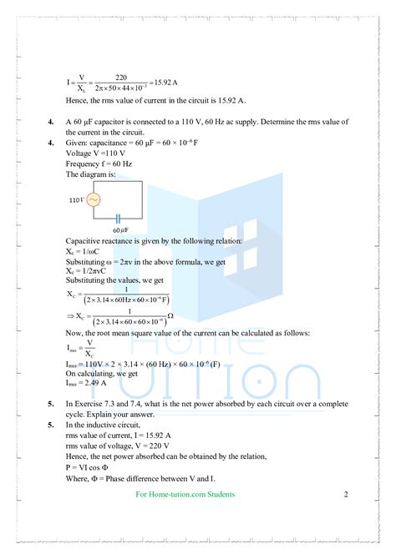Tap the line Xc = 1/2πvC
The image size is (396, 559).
tap(90, 270)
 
